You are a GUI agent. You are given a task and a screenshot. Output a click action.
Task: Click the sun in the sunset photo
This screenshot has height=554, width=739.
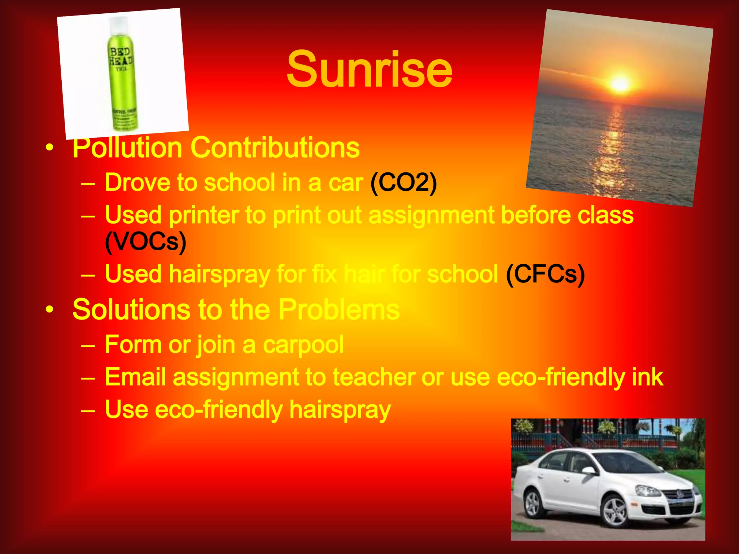coord(620,84)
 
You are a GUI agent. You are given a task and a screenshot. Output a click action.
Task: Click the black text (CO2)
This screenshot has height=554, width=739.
coord(403,183)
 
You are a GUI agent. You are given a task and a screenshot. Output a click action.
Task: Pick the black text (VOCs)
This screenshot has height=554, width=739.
coord(145,242)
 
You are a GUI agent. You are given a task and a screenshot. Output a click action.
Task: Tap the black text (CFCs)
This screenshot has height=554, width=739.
coord(545,274)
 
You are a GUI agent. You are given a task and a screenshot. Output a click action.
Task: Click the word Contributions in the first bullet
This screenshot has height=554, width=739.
coord(275,148)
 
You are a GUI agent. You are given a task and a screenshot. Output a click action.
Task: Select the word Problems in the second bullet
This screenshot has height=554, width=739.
coord(339,309)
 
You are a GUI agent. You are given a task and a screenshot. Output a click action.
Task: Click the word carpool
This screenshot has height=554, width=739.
coord(303,345)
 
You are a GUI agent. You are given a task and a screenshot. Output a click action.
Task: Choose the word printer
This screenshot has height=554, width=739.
coord(204,215)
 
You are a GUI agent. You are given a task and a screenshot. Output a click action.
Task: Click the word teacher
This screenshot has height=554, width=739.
coord(374,377)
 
